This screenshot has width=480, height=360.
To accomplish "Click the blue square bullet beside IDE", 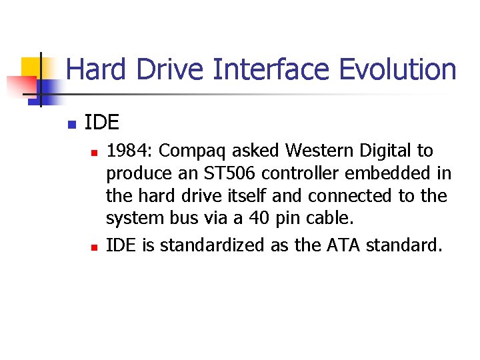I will pos(72,124).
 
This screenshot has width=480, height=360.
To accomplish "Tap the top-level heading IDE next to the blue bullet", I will pos(102,123).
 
